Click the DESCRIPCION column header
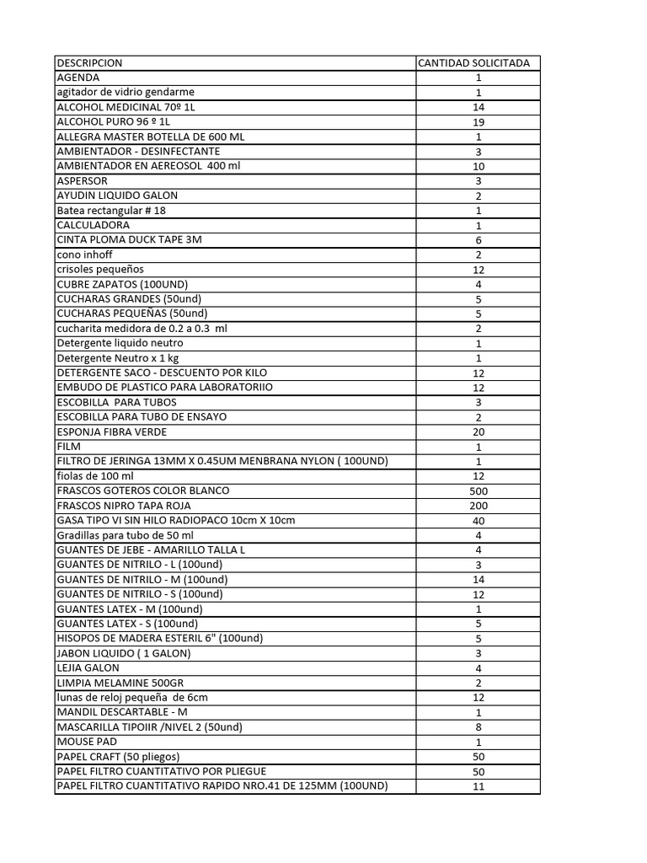coord(89,63)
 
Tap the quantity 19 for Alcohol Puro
coord(479,122)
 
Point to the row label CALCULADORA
coord(94,226)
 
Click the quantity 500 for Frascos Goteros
coord(479,490)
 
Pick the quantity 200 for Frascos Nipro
coord(479,506)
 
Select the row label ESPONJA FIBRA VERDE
coord(112,431)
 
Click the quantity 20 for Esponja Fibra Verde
coord(479,431)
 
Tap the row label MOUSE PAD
coord(87,742)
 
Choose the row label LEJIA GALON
coord(88,667)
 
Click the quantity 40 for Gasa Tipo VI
coord(479,521)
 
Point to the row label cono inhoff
coord(84,255)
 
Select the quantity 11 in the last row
coord(479,786)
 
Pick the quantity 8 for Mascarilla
coord(479,727)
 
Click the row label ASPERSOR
coord(82,181)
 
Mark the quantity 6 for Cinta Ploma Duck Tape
coord(479,240)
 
